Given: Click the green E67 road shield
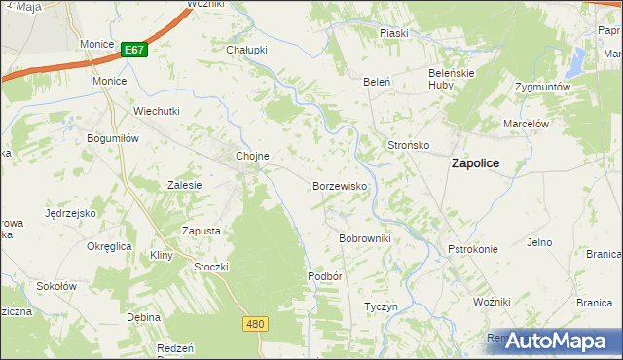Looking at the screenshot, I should [x=134, y=50].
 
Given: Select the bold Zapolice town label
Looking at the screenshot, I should [x=475, y=164].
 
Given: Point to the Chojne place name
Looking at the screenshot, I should [x=252, y=156].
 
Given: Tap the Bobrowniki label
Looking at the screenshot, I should [x=364, y=238].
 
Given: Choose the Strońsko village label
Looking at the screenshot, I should [x=409, y=145].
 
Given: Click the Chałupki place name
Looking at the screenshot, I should [x=246, y=50].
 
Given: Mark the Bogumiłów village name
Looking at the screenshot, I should [x=115, y=138].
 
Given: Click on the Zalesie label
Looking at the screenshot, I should [x=184, y=185].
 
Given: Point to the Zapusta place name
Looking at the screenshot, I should [x=202, y=231].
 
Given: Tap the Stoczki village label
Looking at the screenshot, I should [x=211, y=266].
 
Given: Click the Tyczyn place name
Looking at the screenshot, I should [x=381, y=306].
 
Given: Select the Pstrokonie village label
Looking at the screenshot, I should [x=473, y=249].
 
